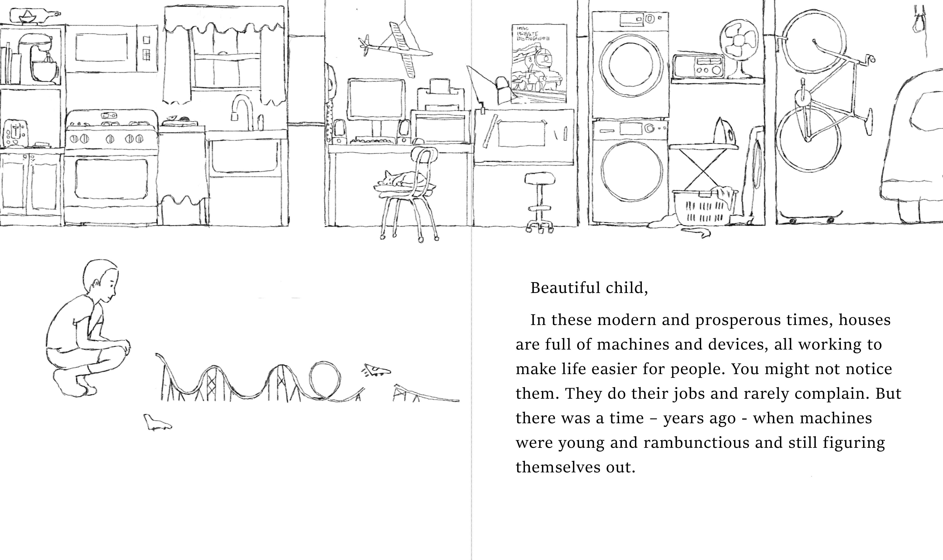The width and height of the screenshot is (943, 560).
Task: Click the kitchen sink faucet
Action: (241, 109)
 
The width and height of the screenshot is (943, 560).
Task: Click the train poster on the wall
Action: (539, 64)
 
